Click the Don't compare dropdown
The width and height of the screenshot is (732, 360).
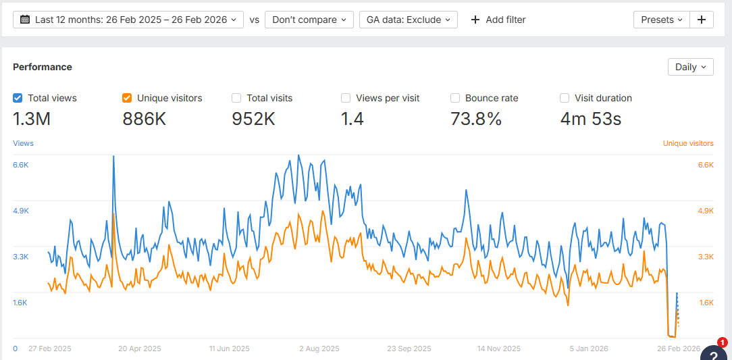[309, 20]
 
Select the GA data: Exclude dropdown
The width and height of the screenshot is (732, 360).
[409, 20]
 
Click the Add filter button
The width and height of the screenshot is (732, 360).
[498, 20]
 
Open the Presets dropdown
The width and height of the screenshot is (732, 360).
[661, 20]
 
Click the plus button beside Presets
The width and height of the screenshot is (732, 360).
[702, 20]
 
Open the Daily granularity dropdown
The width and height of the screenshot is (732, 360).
[690, 67]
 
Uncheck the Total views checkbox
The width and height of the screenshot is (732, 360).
[18, 98]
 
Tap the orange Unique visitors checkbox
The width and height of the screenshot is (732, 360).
[127, 98]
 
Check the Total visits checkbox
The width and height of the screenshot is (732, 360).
[236, 98]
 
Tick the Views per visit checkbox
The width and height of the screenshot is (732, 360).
[346, 98]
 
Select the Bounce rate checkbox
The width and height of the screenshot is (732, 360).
[455, 98]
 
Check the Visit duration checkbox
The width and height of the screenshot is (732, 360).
[565, 98]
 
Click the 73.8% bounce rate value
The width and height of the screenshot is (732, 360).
[476, 120]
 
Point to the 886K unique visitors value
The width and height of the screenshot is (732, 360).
[145, 120]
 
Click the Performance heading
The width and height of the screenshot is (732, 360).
[43, 67]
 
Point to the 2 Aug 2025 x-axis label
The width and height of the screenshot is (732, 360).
[319, 349]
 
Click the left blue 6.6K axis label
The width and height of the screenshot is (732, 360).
[20, 165]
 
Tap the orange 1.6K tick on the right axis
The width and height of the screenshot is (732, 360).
[706, 303]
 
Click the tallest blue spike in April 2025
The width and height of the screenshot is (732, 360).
[113, 157]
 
